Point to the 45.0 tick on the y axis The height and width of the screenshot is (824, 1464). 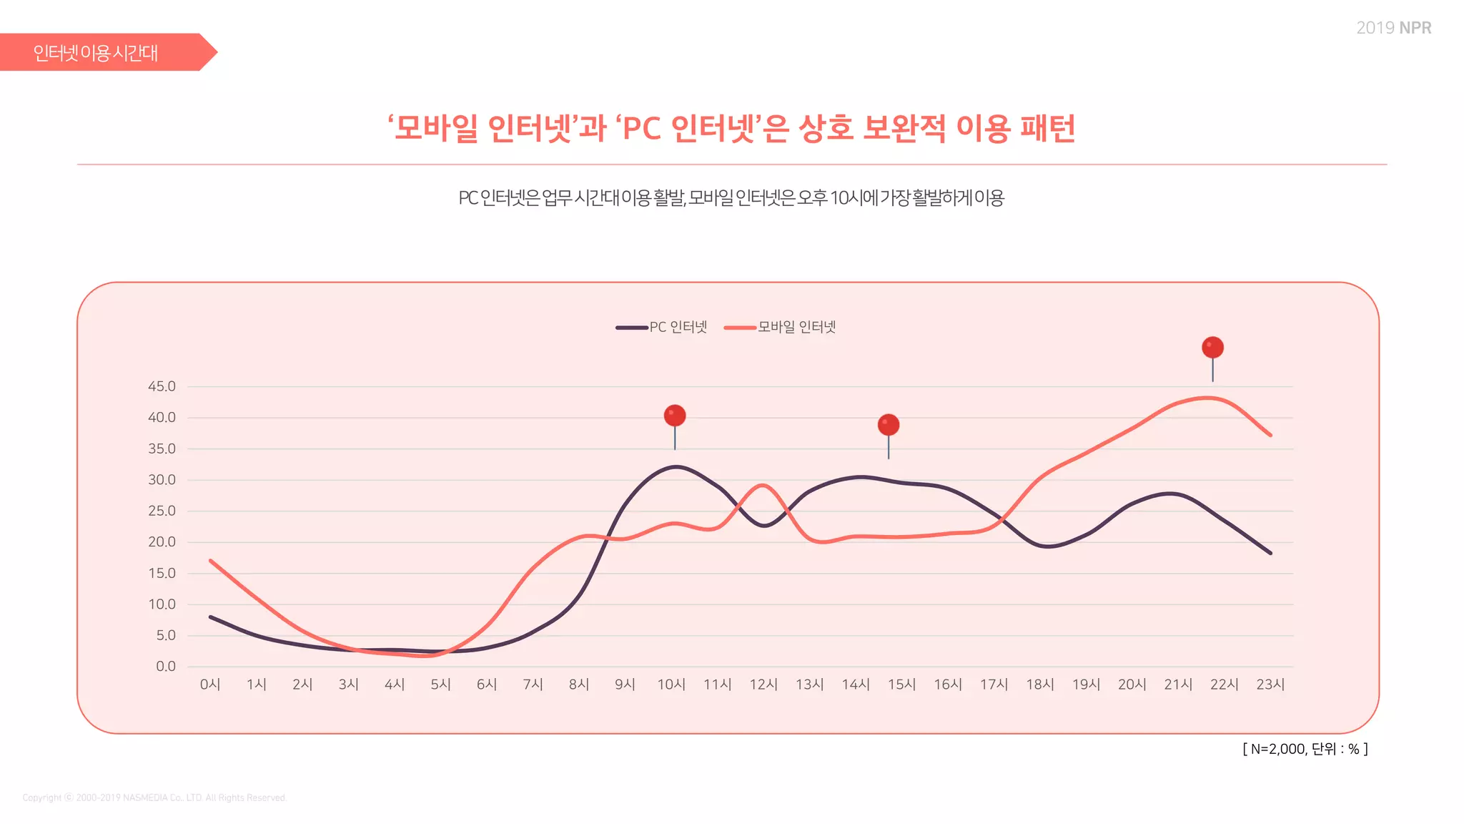(x=162, y=386)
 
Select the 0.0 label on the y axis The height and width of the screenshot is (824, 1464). (x=165, y=666)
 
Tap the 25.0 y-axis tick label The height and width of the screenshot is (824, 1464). (x=162, y=511)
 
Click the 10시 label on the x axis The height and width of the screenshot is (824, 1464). (x=671, y=685)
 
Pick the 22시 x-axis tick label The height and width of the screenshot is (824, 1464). (x=1224, y=685)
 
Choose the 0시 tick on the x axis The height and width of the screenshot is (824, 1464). (x=210, y=685)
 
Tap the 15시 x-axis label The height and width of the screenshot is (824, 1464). (x=901, y=685)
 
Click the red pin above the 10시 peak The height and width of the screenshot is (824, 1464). (x=675, y=416)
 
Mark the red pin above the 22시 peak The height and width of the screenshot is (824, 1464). (x=1212, y=348)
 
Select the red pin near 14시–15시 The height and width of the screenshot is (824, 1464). (x=889, y=425)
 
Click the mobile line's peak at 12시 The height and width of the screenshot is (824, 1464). (x=763, y=485)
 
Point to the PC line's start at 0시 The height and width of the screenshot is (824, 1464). (x=211, y=617)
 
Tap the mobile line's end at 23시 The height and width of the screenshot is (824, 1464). (x=1270, y=435)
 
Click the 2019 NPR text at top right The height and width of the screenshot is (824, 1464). (x=1393, y=28)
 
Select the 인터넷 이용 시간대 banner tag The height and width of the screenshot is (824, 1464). (x=97, y=53)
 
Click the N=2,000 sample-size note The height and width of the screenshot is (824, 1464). (x=1305, y=749)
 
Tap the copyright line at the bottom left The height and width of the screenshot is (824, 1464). (x=154, y=798)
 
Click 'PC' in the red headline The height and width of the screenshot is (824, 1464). (x=641, y=129)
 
